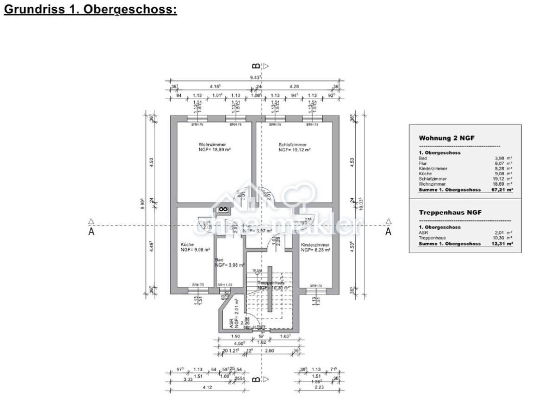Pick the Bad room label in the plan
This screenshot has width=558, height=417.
point(219,260)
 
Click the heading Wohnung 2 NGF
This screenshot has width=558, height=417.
point(446,138)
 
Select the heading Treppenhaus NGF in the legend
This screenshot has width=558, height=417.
point(450,212)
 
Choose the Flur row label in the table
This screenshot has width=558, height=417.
point(423,163)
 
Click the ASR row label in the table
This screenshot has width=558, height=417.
point(423,233)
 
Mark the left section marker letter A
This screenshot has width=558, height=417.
point(91,232)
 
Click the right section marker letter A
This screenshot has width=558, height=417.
point(389,232)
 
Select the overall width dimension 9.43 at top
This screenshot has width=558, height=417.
point(254,77)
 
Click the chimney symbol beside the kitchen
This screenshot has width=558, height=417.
point(223,209)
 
